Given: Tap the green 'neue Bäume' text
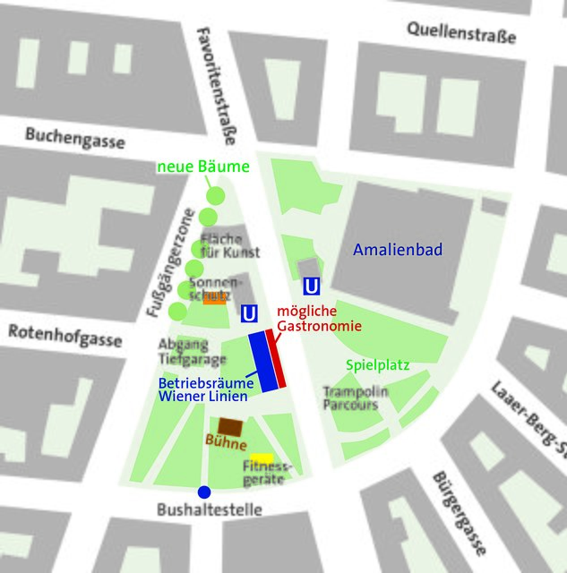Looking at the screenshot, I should coord(203,167).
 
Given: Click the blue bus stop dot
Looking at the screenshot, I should coord(204,492).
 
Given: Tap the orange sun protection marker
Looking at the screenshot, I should coord(214,299).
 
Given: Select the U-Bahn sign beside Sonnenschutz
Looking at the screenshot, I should coord(251,314).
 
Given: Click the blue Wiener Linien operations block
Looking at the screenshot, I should coord(263,360).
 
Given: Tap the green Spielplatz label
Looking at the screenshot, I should coord(378,365).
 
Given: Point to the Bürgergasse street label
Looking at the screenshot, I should coord(458,513).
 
